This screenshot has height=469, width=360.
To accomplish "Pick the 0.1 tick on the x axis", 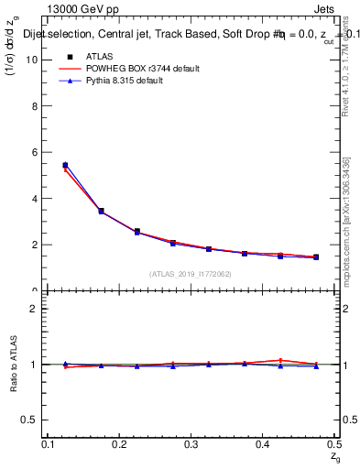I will point(49,444).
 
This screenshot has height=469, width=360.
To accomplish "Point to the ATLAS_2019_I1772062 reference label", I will point(191,274).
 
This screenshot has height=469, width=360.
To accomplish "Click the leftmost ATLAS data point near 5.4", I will point(65,166).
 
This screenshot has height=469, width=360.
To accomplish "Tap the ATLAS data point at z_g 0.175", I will point(101,212).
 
